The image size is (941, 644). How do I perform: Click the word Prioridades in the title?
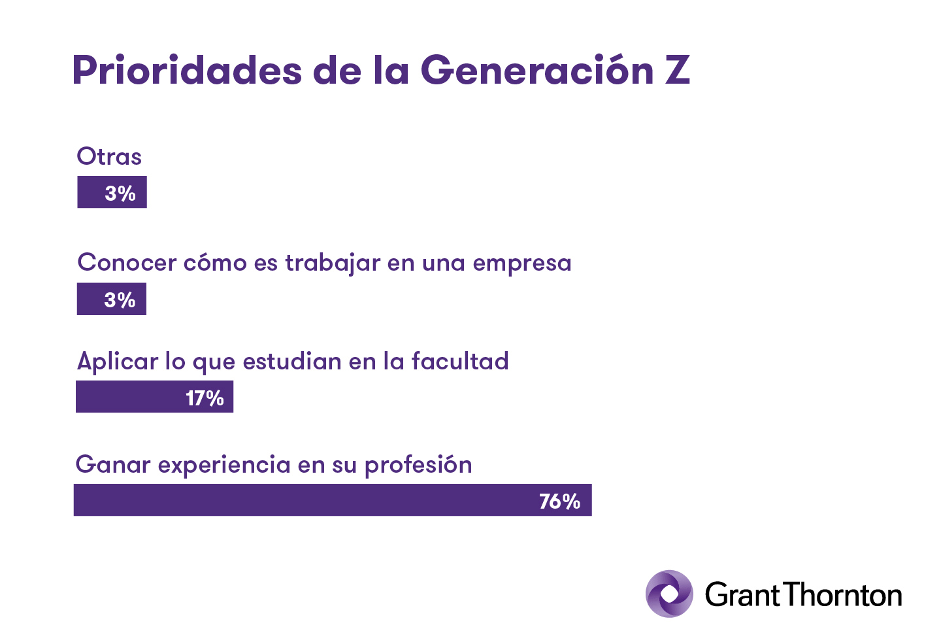tap(187, 69)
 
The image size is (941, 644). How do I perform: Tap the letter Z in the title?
tap(678, 69)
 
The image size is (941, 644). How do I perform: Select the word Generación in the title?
tap(537, 69)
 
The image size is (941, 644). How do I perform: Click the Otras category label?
tap(109, 157)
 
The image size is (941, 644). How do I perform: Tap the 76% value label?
tap(559, 501)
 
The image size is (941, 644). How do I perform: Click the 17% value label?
tap(205, 398)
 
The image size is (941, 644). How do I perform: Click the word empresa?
tap(522, 263)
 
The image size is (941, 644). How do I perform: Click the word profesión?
tap(418, 465)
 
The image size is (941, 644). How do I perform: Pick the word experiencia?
tap(223, 466)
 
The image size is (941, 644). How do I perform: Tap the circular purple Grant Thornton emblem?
tap(669, 594)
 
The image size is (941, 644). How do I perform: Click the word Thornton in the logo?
tap(842, 595)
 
